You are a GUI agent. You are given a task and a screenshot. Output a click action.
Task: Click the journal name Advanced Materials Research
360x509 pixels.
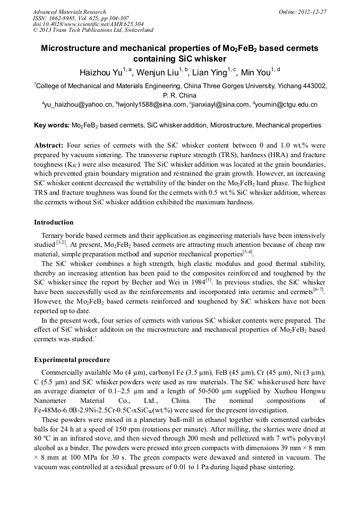[x=69, y=12]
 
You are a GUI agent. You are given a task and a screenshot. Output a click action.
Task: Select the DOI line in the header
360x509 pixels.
[x=88, y=24]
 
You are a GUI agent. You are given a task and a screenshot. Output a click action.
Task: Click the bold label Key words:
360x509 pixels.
[x=52, y=125]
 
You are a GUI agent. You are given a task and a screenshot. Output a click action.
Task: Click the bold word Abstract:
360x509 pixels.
[x=49, y=145]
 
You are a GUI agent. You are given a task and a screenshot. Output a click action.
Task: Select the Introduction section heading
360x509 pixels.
[x=54, y=222]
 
